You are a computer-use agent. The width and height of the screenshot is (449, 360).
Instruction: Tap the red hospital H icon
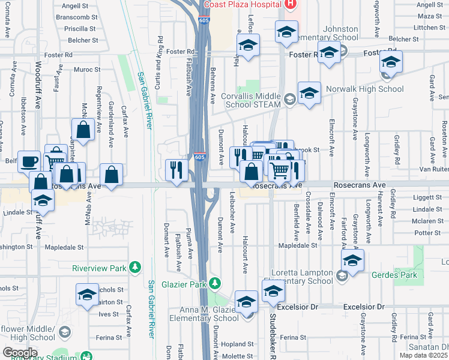(x=290, y=4)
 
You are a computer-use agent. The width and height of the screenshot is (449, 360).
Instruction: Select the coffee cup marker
(x=29, y=162)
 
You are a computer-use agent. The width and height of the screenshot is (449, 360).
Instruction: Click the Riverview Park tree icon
(x=136, y=266)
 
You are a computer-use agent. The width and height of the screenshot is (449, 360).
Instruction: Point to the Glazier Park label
(x=184, y=283)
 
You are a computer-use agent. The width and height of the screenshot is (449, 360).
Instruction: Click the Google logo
(x=20, y=352)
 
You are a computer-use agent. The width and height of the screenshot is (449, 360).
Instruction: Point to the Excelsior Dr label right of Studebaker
(x=363, y=307)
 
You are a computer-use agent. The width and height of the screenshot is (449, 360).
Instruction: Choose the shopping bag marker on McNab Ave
(x=83, y=129)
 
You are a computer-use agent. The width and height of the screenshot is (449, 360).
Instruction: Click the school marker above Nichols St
(x=88, y=294)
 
